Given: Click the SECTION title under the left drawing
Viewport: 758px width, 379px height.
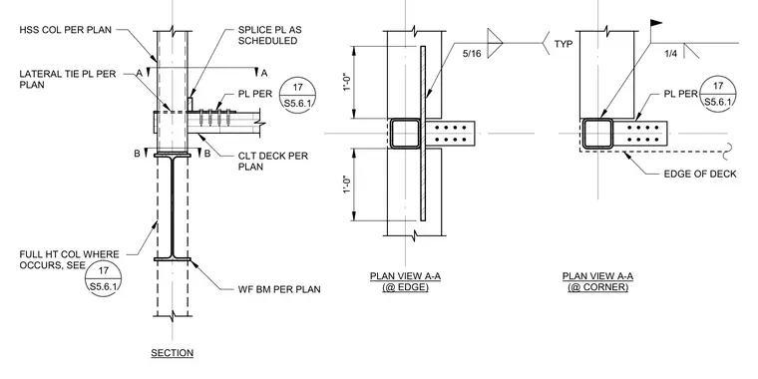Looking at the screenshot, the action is click(173, 353).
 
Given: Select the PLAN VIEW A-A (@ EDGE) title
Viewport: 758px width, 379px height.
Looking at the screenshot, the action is click(405, 281).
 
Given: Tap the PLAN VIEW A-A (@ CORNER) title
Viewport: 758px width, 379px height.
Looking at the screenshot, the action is click(597, 281).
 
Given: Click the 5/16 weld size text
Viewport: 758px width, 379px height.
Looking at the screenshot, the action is click(472, 53).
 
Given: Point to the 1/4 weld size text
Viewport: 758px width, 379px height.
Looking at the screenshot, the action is click(671, 53).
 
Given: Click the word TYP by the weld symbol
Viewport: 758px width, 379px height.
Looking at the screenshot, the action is click(564, 44).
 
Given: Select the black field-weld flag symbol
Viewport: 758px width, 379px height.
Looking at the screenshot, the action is click(655, 23).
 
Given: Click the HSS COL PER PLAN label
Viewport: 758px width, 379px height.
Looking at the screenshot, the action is click(65, 30).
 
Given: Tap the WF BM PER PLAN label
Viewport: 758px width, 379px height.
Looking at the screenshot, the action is click(279, 289).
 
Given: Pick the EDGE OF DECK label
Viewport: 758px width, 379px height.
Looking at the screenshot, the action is click(700, 174).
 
